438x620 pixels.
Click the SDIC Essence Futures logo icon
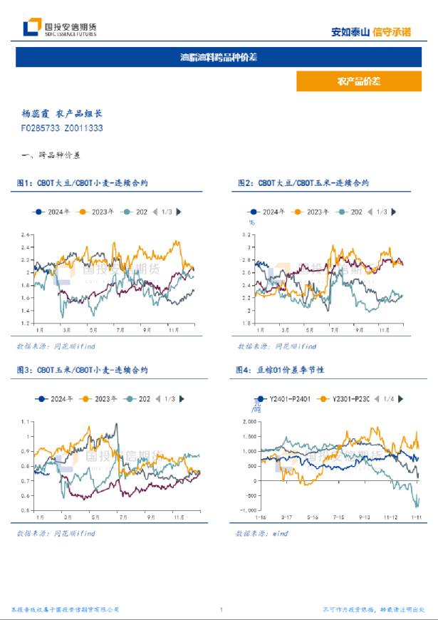(31, 28)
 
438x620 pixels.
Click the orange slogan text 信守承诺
(392, 31)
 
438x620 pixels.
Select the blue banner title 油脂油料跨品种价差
(219, 57)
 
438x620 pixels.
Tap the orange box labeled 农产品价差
(358, 82)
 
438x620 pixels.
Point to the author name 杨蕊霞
(36, 113)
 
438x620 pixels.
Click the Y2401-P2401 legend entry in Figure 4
(283, 399)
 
